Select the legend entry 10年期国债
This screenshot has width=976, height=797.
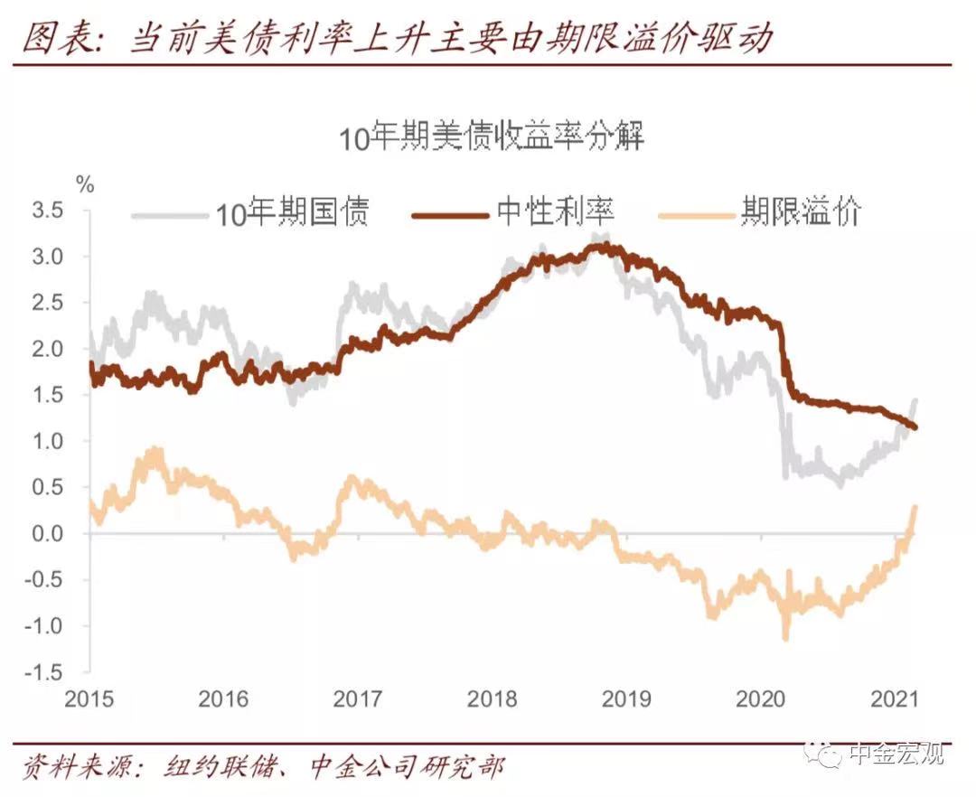(292, 213)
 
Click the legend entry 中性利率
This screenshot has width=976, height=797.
(555, 211)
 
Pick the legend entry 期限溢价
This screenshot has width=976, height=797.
(801, 211)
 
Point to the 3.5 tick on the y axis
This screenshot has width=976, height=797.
(47, 211)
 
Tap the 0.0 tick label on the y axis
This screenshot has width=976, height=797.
(47, 533)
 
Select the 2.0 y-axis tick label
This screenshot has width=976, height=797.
(47, 349)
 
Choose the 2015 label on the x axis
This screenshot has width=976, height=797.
(89, 699)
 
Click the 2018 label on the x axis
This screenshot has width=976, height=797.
(492, 699)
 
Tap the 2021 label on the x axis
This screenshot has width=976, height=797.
(895, 699)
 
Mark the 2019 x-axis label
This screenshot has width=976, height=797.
(626, 699)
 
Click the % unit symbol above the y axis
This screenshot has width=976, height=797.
(85, 184)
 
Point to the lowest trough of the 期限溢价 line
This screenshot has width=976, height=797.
(785, 638)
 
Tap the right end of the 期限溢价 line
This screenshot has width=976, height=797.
(915, 506)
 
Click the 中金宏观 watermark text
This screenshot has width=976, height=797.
(897, 754)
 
